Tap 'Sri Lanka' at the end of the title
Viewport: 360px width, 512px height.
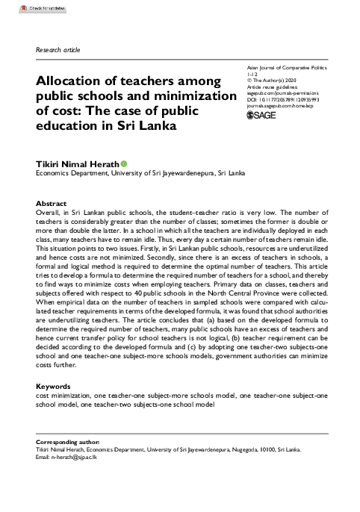(150, 125)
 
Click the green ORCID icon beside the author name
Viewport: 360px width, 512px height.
(123, 163)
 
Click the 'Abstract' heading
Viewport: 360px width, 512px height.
(52, 204)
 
